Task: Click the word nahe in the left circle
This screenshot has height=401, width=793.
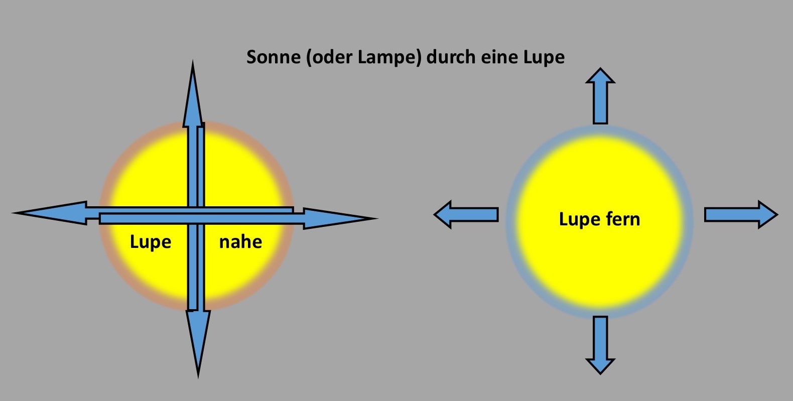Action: coord(240,242)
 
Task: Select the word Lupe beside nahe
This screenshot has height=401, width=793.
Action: coord(151,242)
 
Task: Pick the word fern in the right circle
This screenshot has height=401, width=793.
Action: coord(624,219)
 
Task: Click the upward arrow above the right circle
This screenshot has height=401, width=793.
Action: coord(600,95)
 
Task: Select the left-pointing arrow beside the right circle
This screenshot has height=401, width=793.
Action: coord(466,215)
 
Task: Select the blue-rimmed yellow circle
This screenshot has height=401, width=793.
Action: coord(600,261)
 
